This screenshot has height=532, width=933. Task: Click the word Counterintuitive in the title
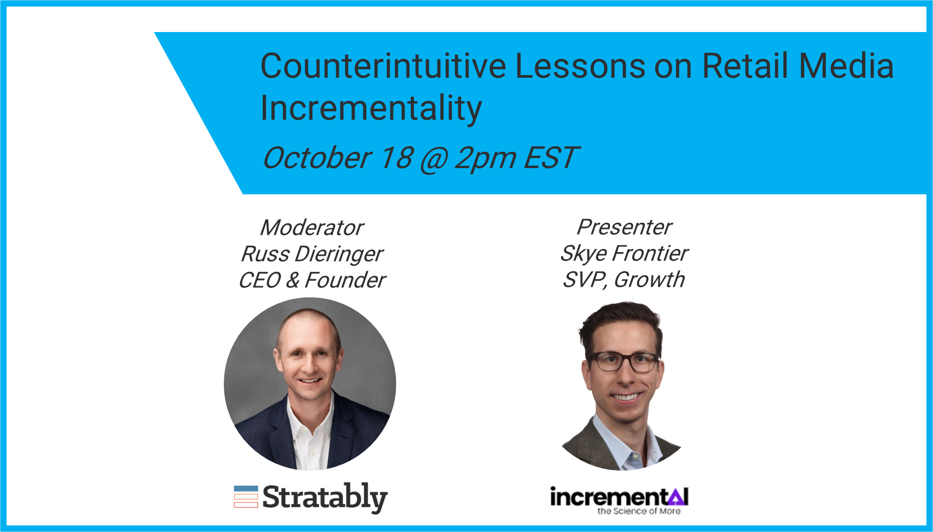point(383,66)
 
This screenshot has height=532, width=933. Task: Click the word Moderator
point(312,228)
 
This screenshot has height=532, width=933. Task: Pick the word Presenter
point(624,227)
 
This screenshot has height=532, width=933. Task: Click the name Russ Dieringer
point(312,255)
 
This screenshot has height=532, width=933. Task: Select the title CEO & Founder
point(312,280)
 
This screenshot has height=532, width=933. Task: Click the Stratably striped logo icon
point(246,497)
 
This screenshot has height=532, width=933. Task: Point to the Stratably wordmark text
point(325,498)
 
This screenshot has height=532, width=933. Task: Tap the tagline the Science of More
point(639,511)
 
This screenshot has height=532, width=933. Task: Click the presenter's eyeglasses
point(625,362)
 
